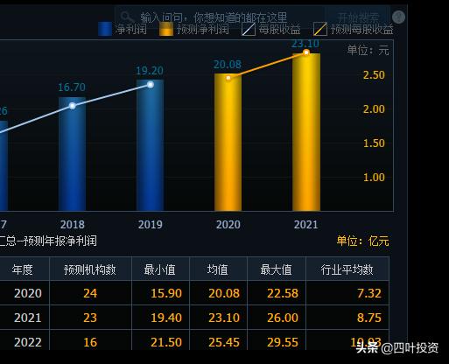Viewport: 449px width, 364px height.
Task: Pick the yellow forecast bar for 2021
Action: click(305, 131)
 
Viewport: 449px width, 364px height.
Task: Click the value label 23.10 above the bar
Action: click(305, 44)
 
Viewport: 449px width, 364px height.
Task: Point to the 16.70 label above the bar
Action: click(72, 87)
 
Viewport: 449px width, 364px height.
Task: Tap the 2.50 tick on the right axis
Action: click(374, 76)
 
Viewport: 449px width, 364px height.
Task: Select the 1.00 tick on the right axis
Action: click(374, 178)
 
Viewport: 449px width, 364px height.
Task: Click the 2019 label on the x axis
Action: click(150, 225)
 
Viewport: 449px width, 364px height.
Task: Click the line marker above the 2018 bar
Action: click(73, 105)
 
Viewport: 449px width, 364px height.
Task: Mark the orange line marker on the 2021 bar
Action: click(306, 52)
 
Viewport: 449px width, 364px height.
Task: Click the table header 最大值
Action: click(277, 269)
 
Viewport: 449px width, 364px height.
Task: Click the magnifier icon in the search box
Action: click(127, 17)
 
